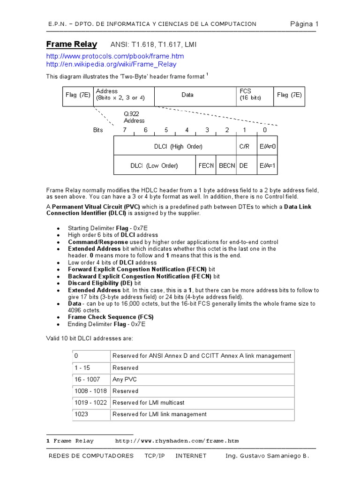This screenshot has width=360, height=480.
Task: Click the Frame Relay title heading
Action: (x=71, y=45)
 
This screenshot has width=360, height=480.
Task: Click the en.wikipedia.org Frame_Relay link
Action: (x=111, y=64)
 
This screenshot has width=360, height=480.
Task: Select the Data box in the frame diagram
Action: (x=187, y=95)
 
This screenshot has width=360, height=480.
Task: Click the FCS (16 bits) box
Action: (x=254, y=95)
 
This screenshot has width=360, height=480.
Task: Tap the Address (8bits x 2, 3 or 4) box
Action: (x=123, y=95)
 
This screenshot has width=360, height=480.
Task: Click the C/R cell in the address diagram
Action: (x=244, y=147)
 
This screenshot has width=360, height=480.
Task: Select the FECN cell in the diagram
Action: (x=206, y=165)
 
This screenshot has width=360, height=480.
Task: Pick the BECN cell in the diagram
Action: (x=227, y=165)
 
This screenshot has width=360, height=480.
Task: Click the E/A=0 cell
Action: (x=268, y=147)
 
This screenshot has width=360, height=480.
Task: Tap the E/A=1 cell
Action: (x=268, y=165)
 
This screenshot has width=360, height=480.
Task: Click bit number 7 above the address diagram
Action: (x=125, y=130)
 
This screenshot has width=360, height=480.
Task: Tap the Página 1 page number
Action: (x=304, y=24)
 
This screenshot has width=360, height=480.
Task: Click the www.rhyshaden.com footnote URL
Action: (x=177, y=441)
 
